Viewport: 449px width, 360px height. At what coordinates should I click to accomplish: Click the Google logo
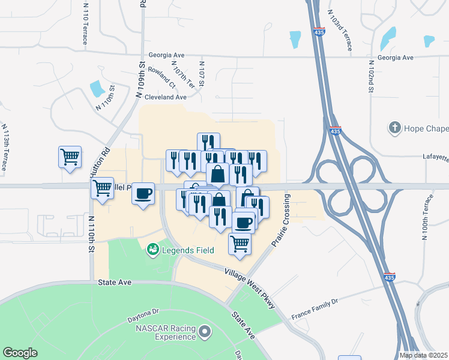(x=20, y=353)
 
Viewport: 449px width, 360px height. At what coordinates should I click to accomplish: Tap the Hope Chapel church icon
(x=394, y=128)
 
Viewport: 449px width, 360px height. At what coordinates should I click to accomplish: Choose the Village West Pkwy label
(x=249, y=289)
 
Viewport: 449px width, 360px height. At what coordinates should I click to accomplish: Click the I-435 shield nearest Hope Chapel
(x=336, y=131)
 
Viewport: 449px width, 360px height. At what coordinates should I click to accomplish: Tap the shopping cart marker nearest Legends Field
(x=240, y=244)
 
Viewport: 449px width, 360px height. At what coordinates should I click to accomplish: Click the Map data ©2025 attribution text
(x=423, y=355)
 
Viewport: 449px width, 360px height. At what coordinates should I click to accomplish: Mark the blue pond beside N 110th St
(x=97, y=89)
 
